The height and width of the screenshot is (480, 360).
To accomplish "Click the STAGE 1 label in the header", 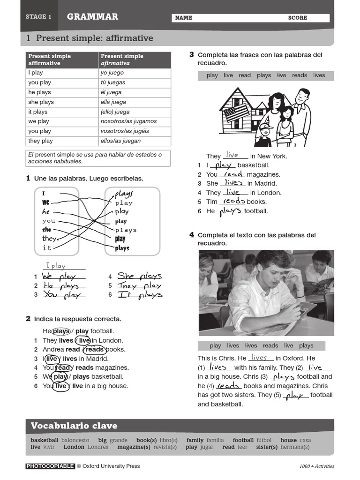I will (39, 17).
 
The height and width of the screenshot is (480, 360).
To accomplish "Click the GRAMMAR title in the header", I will (92, 17).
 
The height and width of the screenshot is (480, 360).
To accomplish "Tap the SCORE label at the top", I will (297, 18).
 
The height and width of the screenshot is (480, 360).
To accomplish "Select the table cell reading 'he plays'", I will (39, 92).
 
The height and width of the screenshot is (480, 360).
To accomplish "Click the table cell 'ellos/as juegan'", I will (120, 141).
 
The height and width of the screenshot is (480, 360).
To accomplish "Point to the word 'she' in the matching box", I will (46, 230).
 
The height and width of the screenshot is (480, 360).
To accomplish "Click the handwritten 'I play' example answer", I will (56, 266).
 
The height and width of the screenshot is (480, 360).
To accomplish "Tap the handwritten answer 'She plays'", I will (139, 276).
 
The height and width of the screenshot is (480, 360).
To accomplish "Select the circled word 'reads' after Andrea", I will (94, 349).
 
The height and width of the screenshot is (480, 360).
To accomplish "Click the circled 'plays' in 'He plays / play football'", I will (61, 331).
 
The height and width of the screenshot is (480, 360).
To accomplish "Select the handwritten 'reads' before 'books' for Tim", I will (234, 201).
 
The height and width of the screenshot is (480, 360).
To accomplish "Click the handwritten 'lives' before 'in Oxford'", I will (259, 358).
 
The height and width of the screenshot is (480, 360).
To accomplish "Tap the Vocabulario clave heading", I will (74, 426).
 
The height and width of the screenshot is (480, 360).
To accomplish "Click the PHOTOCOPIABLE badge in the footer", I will (50, 466).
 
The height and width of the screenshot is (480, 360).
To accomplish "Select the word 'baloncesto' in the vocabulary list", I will (75, 440).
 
